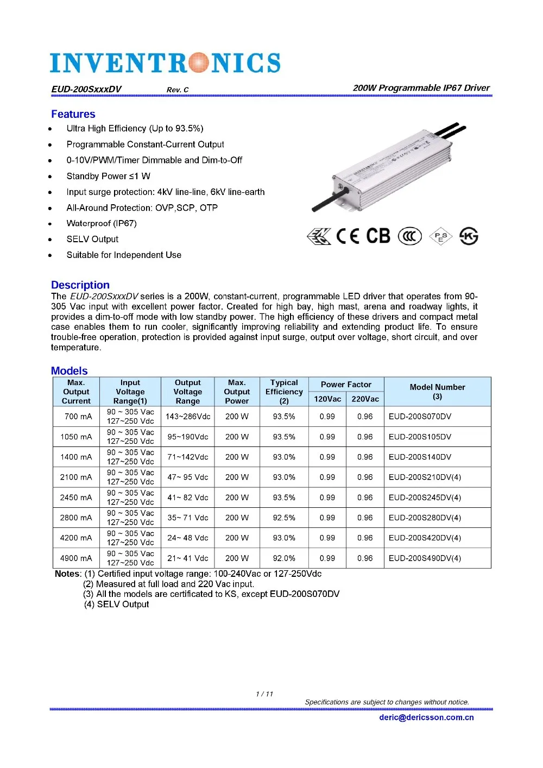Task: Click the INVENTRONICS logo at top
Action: point(165,63)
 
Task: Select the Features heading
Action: point(73,114)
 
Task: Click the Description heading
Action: point(80,285)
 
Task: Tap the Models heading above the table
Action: point(69,371)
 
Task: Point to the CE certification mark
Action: point(348,236)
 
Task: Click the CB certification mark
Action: point(378,236)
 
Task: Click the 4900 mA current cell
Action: point(76,558)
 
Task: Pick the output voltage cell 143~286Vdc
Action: point(188,417)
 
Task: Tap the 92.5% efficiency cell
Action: point(284,518)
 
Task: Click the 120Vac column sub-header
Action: point(327,399)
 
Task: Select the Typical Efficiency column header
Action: point(284,392)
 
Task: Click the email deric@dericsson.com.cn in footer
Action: point(426,717)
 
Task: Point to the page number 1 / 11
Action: point(264,694)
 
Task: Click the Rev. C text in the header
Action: point(178,90)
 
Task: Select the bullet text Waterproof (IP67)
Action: point(102,223)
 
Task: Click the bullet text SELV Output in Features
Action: point(92,239)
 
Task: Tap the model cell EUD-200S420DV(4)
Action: point(425,538)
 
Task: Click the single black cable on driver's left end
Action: point(327,199)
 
